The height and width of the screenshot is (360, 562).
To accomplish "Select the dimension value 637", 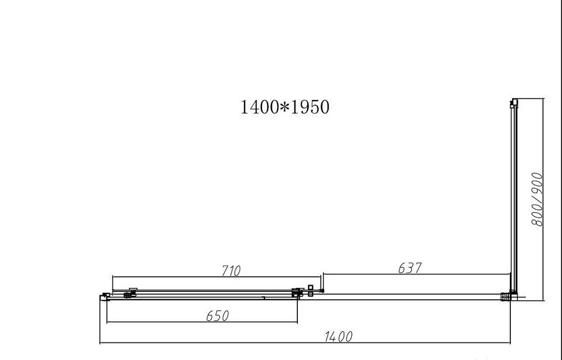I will click(410, 268).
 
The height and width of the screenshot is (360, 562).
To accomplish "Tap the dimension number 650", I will click(217, 316).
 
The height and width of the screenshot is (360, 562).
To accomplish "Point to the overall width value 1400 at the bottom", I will click(338, 336).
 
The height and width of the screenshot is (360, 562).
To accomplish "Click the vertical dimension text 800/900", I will click(537, 200).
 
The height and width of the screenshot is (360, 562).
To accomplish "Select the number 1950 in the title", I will click(308, 107).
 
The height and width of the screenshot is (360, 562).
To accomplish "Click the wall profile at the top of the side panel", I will click(513, 103).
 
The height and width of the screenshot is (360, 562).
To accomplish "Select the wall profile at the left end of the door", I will click(103, 296).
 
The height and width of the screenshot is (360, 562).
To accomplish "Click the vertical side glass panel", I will click(513, 197).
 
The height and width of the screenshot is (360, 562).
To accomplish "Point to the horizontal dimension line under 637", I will click(416, 276).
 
